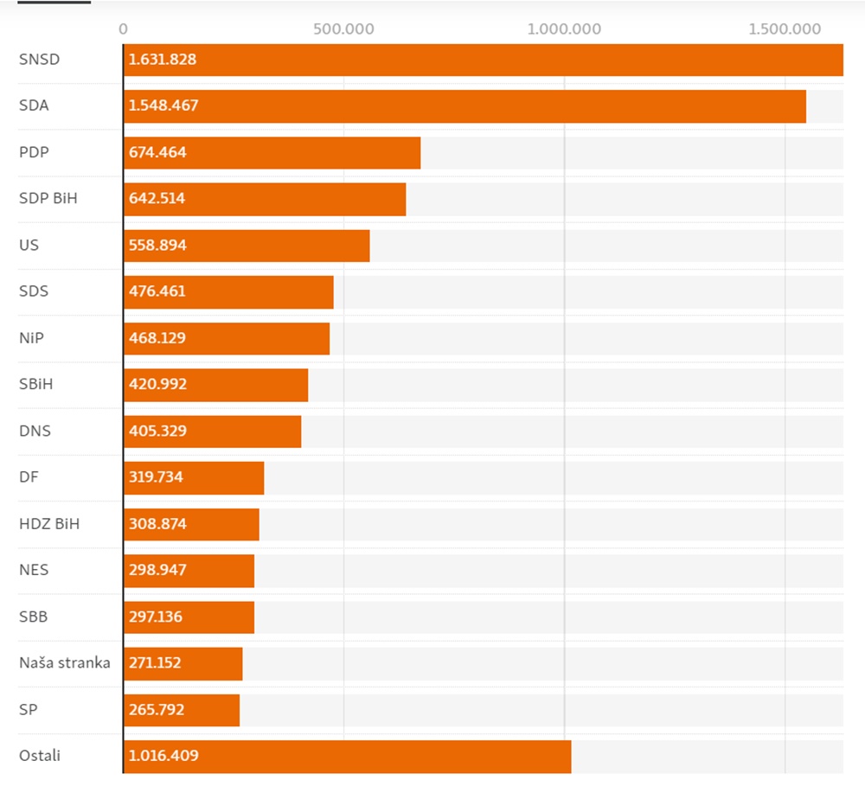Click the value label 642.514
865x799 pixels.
click(x=157, y=198)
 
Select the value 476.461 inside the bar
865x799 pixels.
click(x=157, y=291)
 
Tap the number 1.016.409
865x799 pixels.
click(x=163, y=756)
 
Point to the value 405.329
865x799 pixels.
click(x=157, y=431)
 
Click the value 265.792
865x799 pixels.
click(x=157, y=710)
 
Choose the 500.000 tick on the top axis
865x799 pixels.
click(x=344, y=29)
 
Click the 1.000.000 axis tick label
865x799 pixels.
click(x=564, y=29)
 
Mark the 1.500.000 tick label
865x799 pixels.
click(x=785, y=29)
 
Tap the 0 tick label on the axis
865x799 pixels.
click(x=124, y=29)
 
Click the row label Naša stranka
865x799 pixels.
click(x=65, y=663)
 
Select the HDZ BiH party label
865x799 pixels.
click(x=49, y=523)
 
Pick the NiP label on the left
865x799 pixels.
click(x=31, y=337)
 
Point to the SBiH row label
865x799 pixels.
click(x=35, y=384)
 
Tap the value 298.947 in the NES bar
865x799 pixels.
click(x=157, y=570)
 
